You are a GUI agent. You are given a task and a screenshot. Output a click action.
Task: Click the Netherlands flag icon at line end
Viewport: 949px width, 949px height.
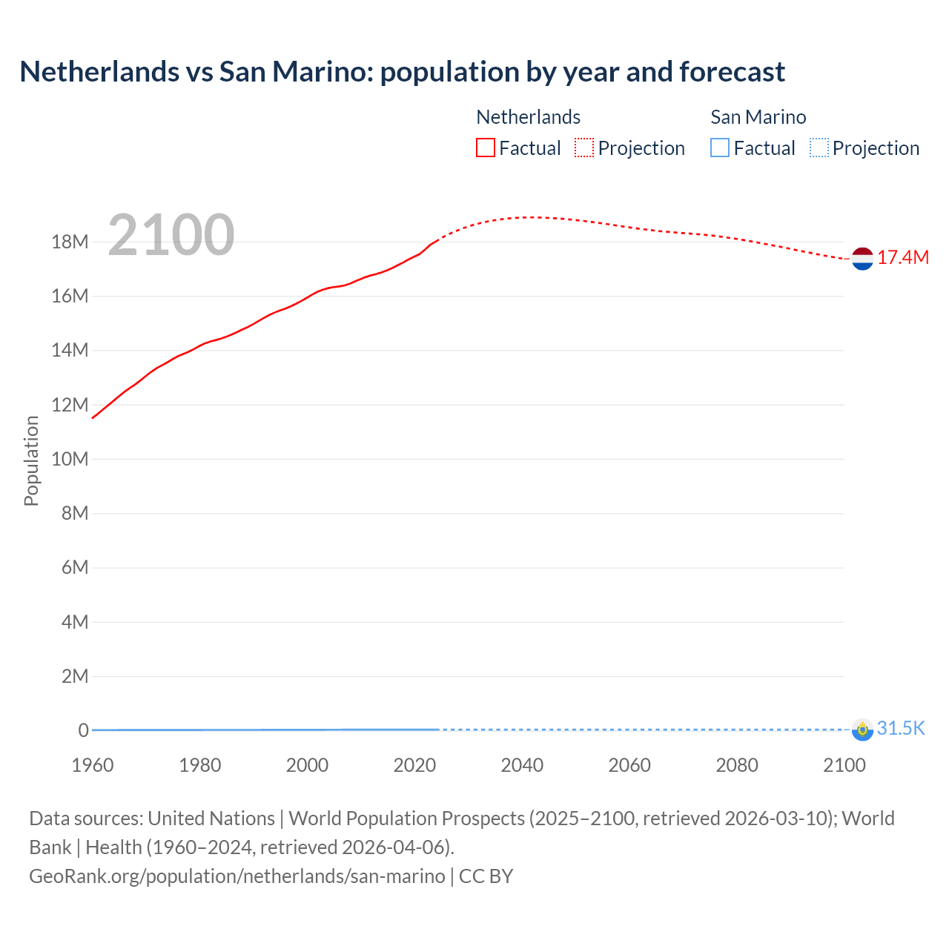pyautogui.click(x=862, y=259)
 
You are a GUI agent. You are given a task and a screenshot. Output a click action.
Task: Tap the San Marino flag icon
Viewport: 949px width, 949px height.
pyautogui.click(x=862, y=730)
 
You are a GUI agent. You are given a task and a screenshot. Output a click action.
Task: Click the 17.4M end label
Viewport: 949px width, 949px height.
pyautogui.click(x=903, y=258)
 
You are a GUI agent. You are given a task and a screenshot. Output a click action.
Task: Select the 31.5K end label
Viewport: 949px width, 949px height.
pyautogui.click(x=901, y=729)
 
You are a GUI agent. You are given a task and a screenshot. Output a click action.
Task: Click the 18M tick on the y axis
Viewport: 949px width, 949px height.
pyautogui.click(x=70, y=242)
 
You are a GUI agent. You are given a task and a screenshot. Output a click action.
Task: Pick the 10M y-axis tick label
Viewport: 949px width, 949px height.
pyautogui.click(x=70, y=460)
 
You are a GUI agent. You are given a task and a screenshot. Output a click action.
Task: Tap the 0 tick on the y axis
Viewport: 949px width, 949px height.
pyautogui.click(x=83, y=731)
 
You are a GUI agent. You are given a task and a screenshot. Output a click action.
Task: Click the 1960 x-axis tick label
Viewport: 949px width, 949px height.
pyautogui.click(x=93, y=766)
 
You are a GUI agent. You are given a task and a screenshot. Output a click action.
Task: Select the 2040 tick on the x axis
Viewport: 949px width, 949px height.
pyautogui.click(x=522, y=766)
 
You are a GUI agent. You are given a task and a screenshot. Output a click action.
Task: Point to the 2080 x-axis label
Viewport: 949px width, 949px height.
pyautogui.click(x=737, y=766)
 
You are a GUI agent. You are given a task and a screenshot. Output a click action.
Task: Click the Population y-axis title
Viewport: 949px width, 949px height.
pyautogui.click(x=31, y=461)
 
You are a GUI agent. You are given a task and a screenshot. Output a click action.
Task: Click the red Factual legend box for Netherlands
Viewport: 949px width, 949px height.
pyautogui.click(x=485, y=148)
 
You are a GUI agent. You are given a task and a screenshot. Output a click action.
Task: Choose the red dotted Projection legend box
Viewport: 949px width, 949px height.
pyautogui.click(x=584, y=148)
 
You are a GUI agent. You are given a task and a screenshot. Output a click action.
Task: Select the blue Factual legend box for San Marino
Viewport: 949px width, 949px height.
pyautogui.click(x=720, y=148)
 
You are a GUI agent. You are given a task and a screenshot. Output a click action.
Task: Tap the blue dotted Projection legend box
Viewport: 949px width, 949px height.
pyautogui.click(x=819, y=148)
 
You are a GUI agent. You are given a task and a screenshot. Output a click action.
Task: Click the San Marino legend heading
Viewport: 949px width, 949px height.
pyautogui.click(x=758, y=117)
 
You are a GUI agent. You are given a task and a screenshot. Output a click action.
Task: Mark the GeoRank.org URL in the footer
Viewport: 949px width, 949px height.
pyautogui.click(x=237, y=876)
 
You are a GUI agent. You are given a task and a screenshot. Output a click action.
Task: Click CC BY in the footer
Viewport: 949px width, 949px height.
pyautogui.click(x=486, y=876)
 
